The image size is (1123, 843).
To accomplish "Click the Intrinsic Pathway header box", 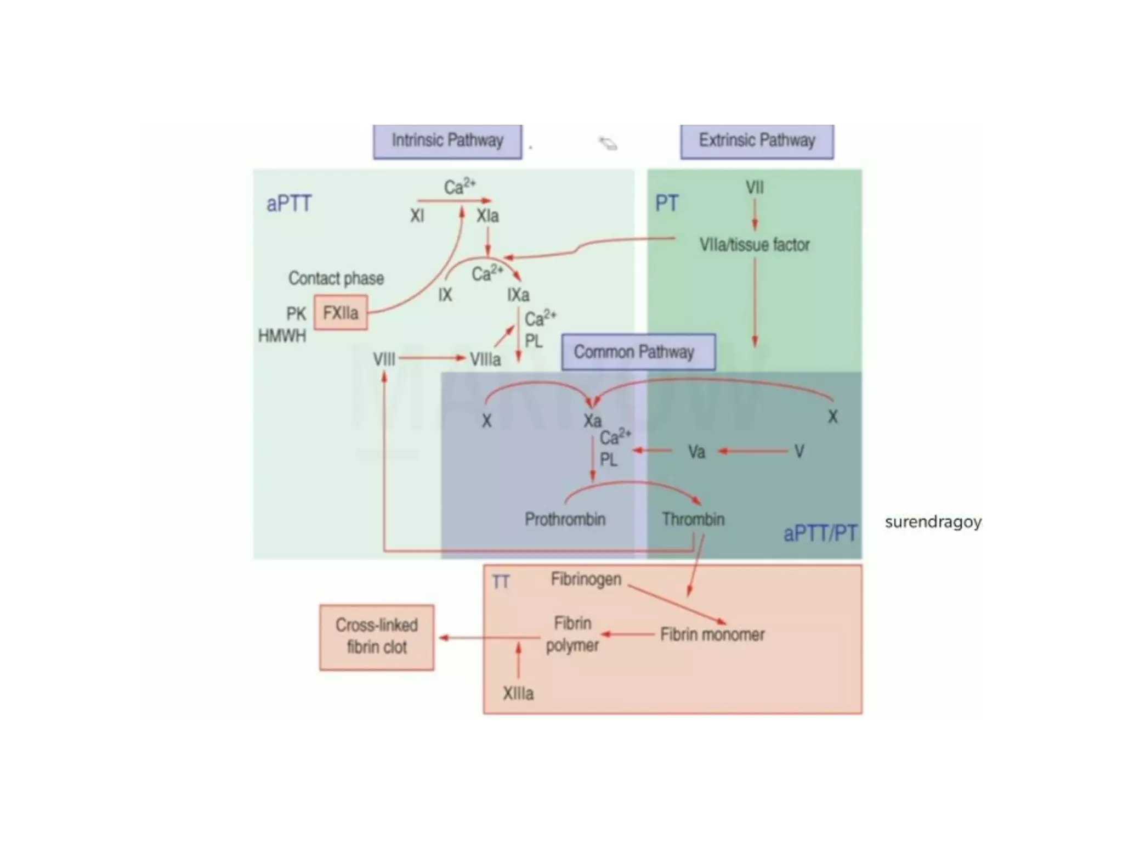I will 447,142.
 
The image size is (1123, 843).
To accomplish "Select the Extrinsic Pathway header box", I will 757,142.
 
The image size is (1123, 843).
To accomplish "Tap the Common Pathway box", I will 638,352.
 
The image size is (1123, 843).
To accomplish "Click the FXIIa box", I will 341,313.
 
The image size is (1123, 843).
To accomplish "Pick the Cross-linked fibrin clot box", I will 377,637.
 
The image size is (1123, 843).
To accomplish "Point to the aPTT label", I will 289,204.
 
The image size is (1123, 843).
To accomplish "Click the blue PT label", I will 667,204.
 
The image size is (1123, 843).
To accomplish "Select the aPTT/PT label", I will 820,533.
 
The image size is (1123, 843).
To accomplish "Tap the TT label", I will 501,582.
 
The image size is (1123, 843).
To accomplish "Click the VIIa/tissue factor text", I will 755,245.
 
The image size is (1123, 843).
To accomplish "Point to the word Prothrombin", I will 565,519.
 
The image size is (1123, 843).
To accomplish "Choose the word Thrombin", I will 693,519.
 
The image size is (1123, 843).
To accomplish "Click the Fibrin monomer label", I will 712,635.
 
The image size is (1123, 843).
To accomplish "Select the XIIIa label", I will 518,694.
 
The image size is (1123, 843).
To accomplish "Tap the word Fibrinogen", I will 586,579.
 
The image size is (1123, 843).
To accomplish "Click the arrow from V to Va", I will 754,451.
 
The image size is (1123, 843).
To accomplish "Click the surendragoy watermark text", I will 933,522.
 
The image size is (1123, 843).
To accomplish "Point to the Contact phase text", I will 336,279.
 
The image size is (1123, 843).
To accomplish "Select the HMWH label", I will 282,336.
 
